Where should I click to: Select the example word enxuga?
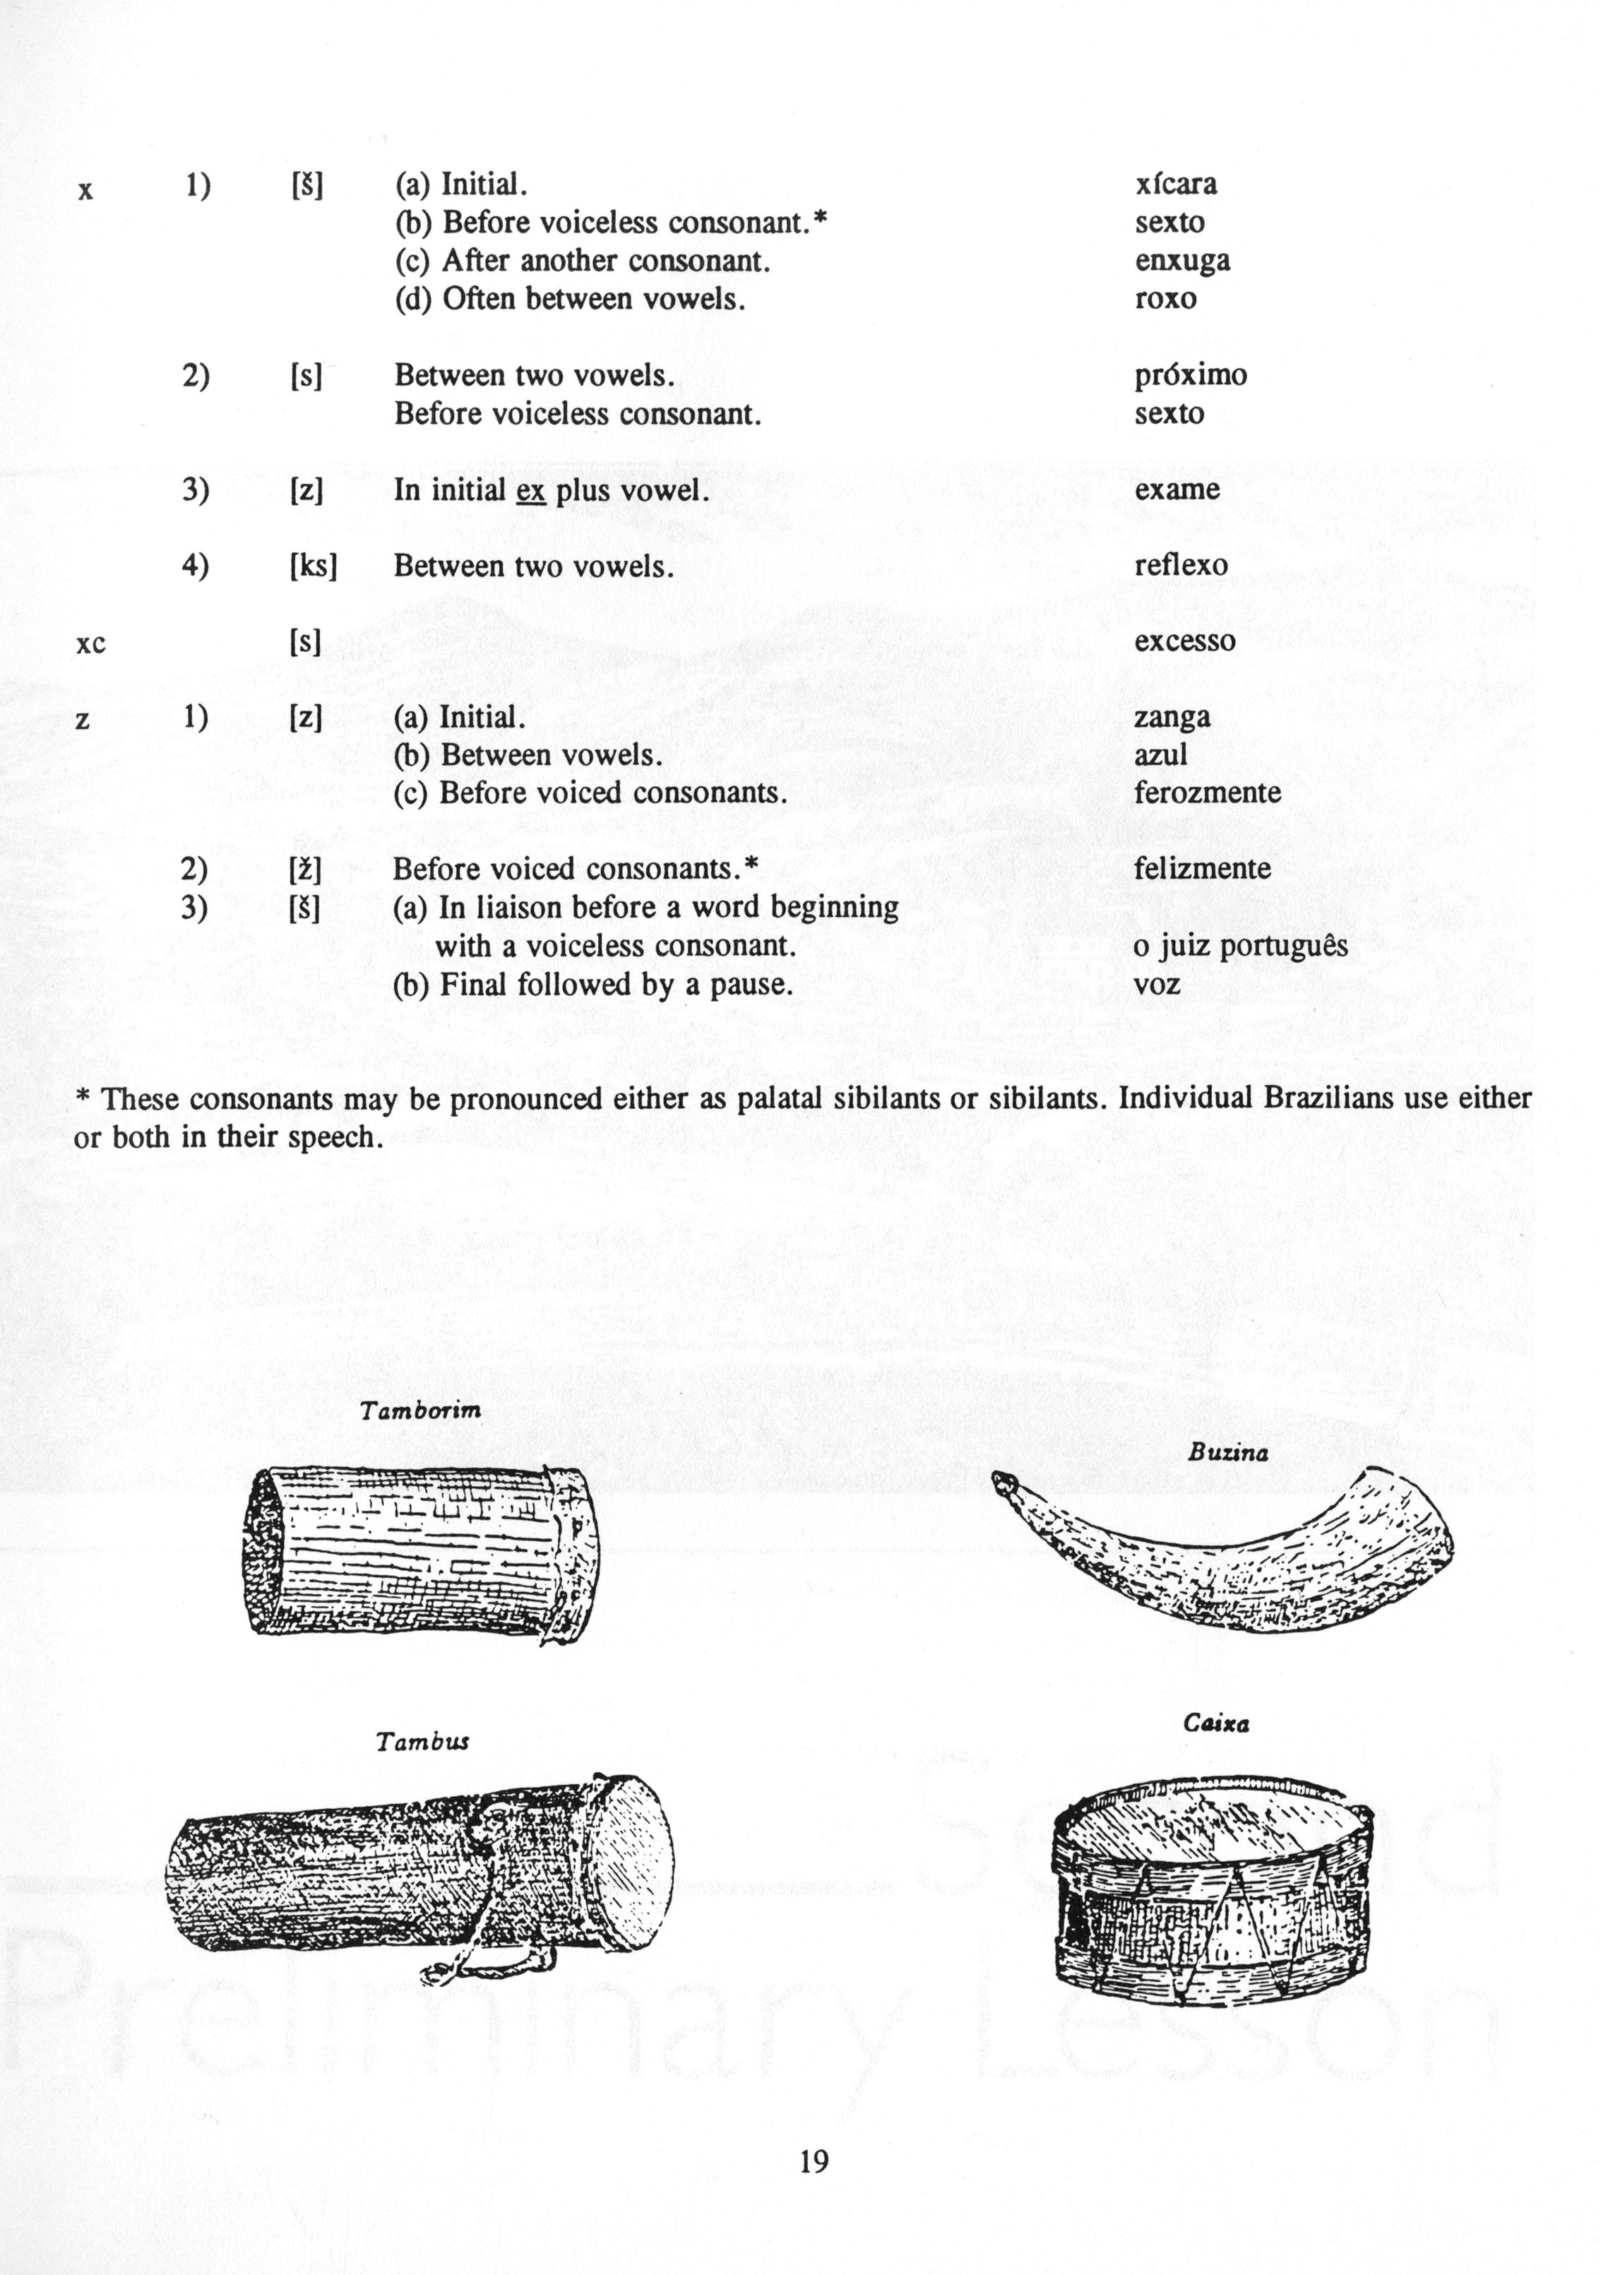pos(1182,261)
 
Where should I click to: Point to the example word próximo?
pos(1190,376)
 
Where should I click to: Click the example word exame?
pos(1177,489)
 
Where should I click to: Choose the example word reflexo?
pos(1181,566)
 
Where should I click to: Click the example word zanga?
pos(1172,718)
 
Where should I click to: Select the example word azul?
pos(1160,755)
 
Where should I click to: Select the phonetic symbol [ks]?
pos(313,566)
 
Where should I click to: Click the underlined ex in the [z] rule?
pos(531,490)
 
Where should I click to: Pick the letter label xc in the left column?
pos(90,644)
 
